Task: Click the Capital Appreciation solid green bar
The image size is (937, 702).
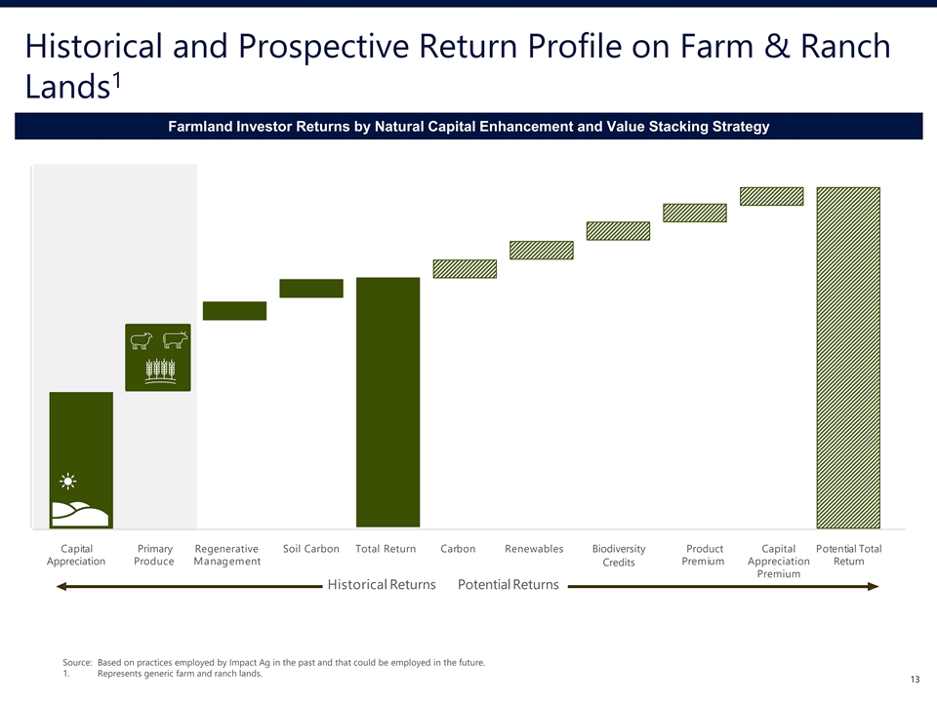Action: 81,459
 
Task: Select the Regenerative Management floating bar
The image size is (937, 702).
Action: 235,311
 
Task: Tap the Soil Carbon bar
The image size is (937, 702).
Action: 311,289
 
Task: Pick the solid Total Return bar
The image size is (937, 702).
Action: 387,403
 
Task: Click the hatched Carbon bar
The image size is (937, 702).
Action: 465,269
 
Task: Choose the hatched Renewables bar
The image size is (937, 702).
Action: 542,251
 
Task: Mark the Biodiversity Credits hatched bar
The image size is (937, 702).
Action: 618,231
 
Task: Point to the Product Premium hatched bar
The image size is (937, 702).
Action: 695,214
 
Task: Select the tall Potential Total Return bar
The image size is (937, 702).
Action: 848,358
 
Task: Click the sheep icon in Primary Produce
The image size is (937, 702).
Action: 142,340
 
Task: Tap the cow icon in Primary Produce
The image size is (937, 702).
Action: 175,339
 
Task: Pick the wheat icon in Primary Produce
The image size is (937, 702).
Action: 161,370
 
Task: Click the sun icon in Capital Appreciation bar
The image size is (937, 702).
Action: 68,481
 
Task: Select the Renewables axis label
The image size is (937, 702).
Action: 534,549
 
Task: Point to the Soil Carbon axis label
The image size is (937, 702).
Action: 310,549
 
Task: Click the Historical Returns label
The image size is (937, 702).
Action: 382,584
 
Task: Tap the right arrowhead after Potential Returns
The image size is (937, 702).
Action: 875,586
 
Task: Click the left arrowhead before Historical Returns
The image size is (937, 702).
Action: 61,587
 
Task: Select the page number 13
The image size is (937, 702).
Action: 915,680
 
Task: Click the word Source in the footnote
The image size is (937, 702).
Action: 77,663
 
